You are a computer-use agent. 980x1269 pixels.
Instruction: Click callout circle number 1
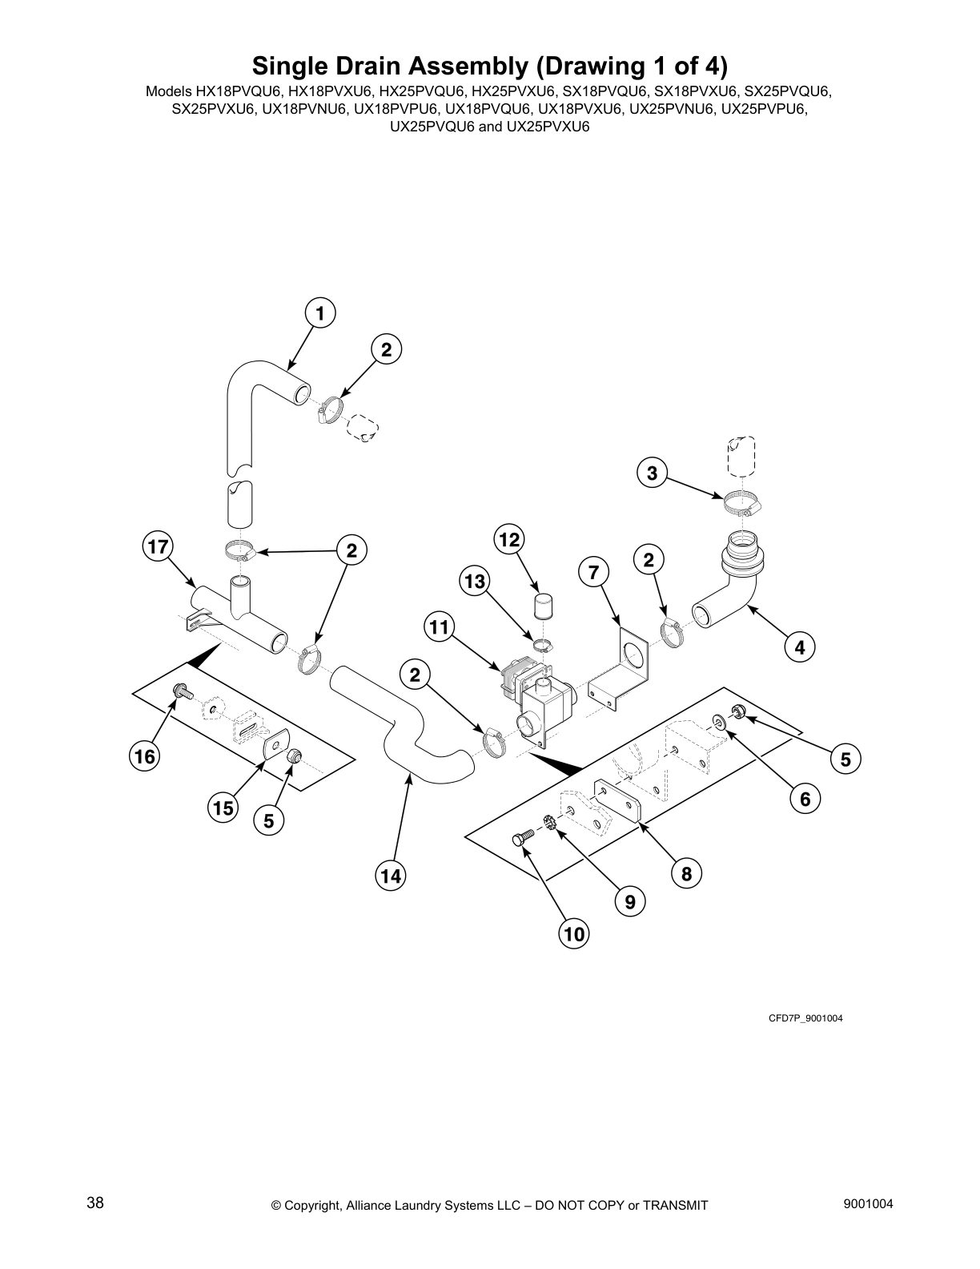click(x=320, y=313)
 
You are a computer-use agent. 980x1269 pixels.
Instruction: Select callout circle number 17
click(x=159, y=547)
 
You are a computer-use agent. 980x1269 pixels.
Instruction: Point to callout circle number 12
click(x=509, y=540)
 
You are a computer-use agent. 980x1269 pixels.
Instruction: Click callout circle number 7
click(x=593, y=572)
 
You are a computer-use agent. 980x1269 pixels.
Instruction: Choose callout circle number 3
click(x=653, y=473)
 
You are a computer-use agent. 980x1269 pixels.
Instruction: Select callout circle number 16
click(x=145, y=755)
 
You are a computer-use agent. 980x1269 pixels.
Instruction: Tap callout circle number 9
click(x=630, y=902)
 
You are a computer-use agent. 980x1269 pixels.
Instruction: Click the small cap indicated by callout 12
click(x=544, y=606)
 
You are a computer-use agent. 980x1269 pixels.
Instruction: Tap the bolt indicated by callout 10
click(x=520, y=840)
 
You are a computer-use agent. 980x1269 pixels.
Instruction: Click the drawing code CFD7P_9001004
click(x=805, y=1018)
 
